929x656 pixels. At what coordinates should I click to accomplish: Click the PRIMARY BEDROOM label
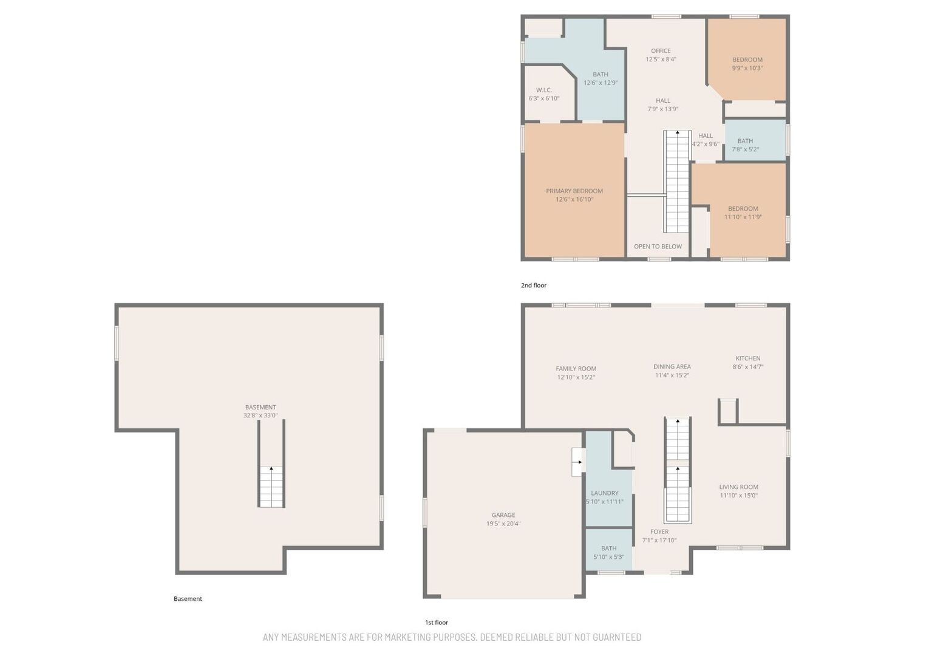pos(574,191)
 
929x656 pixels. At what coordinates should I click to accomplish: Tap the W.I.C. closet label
pos(543,90)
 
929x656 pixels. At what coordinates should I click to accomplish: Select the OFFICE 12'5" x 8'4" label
pos(661,55)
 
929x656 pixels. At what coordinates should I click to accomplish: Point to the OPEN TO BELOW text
pos(658,247)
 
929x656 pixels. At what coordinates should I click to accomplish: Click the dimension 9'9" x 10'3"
pos(747,68)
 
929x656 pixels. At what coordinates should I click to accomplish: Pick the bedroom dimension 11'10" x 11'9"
pos(743,217)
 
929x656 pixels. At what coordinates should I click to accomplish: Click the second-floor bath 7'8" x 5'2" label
pos(745,145)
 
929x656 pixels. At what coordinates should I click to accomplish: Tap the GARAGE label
pos(503,515)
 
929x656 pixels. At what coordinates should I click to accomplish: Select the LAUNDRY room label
pos(604,493)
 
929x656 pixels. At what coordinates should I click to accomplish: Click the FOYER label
pos(659,531)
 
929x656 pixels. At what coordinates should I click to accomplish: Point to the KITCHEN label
pos(748,358)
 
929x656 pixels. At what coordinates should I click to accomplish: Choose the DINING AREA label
pos(672,366)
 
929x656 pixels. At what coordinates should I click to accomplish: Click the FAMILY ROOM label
pos(576,369)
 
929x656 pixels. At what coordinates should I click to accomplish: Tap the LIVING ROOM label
pos(738,487)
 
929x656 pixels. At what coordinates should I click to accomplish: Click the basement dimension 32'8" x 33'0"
pos(260,415)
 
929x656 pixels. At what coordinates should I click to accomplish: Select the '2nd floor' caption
pos(533,285)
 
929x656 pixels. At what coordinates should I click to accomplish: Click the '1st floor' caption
pos(437,623)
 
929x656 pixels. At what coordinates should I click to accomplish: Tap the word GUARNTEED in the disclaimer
pos(611,637)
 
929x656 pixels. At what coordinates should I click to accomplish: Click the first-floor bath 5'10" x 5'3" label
pos(608,553)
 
